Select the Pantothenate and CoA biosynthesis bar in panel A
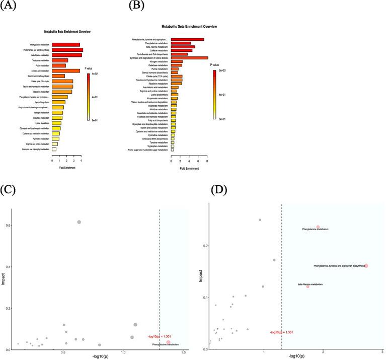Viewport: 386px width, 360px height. coord(67,50)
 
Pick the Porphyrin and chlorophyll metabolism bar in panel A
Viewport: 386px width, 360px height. coord(53,150)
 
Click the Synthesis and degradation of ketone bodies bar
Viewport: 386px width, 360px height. coord(189,58)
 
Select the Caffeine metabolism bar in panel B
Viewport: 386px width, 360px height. coord(182,50)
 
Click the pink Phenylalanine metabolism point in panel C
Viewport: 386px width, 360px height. coord(169,342)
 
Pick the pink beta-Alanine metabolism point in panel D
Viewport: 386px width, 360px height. coord(307,286)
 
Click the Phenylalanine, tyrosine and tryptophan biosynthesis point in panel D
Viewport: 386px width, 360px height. coord(366,266)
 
